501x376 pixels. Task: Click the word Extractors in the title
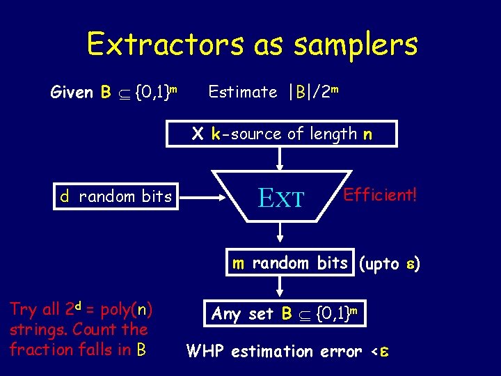pyautogui.click(x=165, y=45)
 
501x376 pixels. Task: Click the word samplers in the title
pyautogui.click(x=356, y=45)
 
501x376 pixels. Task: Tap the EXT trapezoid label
pyautogui.click(x=281, y=198)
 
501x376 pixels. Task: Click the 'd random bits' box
pyautogui.click(x=116, y=196)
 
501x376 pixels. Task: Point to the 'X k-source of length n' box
pyautogui.click(x=282, y=134)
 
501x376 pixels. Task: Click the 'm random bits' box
pyautogui.click(x=290, y=263)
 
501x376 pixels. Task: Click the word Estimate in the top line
pyautogui.click(x=243, y=92)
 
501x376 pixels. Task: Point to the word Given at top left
pyautogui.click(x=73, y=92)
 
